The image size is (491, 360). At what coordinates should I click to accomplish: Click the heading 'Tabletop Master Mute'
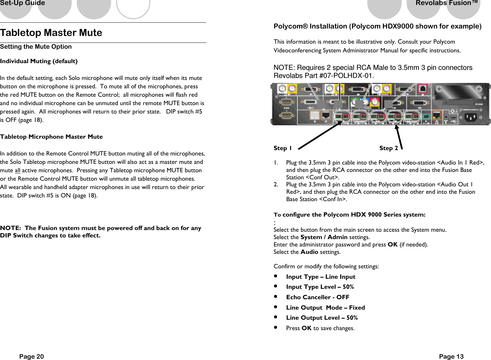[51, 33]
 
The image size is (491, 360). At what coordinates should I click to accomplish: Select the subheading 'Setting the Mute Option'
[36, 47]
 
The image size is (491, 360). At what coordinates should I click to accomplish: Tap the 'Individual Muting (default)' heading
[39, 61]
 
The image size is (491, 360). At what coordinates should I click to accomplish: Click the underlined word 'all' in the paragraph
[17, 171]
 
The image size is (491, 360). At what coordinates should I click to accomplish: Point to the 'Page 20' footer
[32, 356]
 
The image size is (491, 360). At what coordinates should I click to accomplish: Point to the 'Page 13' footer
[451, 356]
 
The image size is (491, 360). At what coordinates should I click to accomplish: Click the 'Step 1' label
[282, 148]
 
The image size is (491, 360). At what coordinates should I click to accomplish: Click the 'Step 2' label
[388, 148]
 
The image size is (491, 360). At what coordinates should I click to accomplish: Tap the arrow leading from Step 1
[319, 135]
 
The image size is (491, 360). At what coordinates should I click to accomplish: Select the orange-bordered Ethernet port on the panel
[436, 116]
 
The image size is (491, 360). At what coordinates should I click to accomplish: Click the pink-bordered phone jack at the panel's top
[423, 89]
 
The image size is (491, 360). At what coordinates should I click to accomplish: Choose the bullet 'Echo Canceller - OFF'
[317, 297]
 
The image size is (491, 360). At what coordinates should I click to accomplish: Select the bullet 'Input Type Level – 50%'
[320, 287]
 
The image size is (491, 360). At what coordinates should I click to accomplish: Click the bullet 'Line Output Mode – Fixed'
[325, 308]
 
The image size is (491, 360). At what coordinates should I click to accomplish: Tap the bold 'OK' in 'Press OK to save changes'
[306, 328]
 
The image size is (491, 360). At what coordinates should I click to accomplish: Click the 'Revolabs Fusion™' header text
[446, 3]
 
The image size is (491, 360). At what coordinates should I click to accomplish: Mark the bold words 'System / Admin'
[324, 237]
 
